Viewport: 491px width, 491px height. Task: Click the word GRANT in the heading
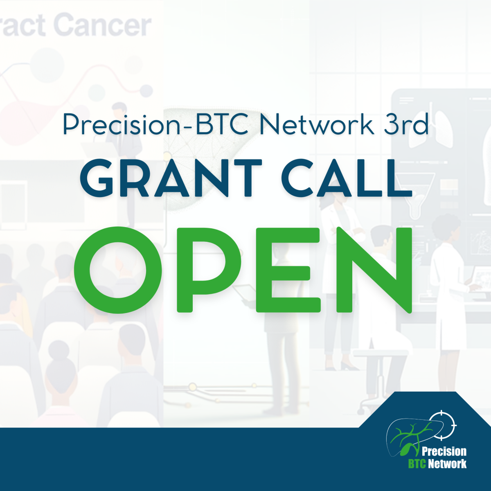(x=171, y=178)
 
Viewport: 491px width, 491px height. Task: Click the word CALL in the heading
(x=347, y=178)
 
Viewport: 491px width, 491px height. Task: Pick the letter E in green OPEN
(x=288, y=270)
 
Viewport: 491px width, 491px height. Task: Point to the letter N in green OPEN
(x=374, y=270)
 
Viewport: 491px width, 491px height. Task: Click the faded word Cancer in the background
(x=102, y=26)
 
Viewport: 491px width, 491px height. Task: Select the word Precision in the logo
(x=444, y=451)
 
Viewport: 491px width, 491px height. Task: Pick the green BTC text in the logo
(x=417, y=463)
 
